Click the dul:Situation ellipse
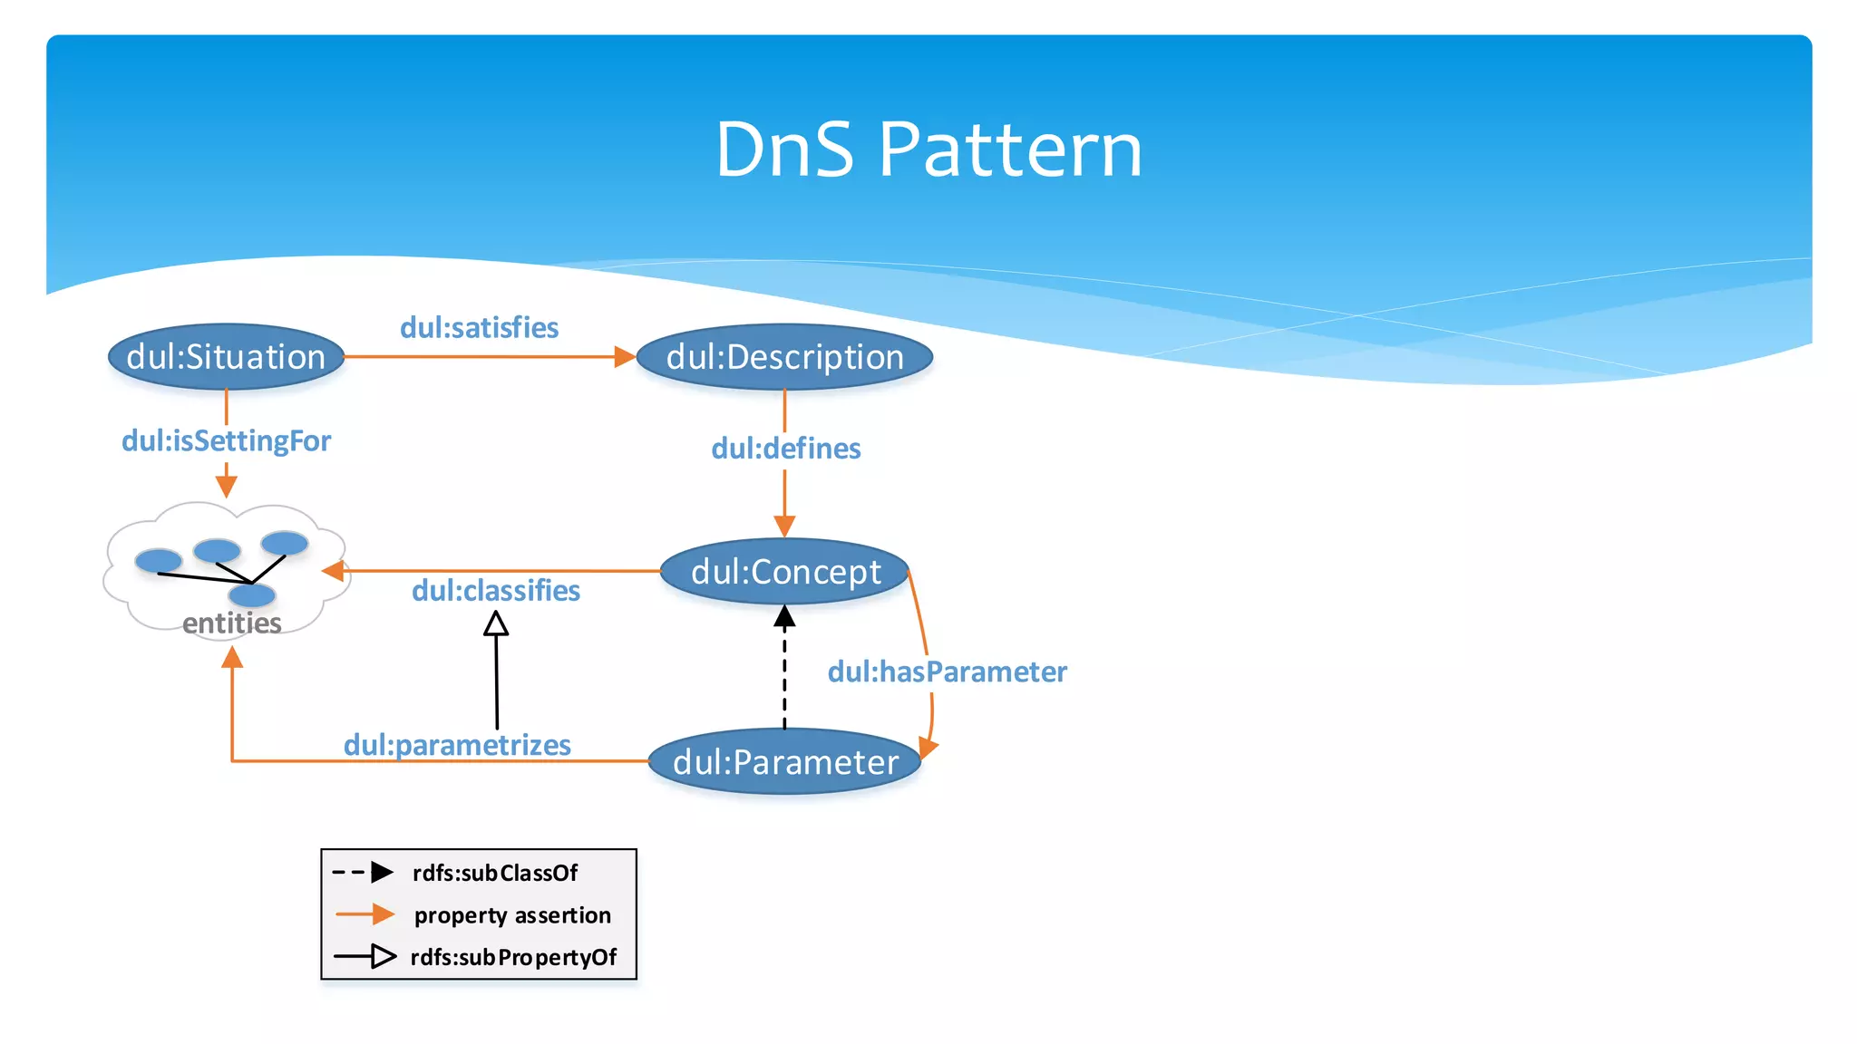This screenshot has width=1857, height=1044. tap(226, 357)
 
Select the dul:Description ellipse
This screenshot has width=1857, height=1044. tap(784, 357)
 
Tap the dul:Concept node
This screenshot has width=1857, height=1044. tap(784, 572)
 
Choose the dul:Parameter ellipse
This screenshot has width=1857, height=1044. tap(784, 762)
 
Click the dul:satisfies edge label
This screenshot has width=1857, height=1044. tap(479, 327)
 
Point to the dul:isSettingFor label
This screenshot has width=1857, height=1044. tap(226, 441)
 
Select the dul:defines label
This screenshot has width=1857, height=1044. tap(785, 448)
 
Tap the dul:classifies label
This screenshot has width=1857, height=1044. tap(495, 591)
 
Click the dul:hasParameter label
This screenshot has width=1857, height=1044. tap(947, 672)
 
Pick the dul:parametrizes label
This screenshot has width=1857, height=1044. tap(457, 745)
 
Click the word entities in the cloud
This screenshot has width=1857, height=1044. tap(231, 623)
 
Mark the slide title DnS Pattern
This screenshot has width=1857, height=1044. tap(928, 150)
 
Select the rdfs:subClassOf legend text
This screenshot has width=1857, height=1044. tap(494, 873)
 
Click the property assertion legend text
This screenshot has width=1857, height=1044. tap(512, 915)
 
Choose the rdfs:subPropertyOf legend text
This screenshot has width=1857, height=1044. tap(513, 958)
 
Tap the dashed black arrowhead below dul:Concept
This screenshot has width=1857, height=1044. tap(784, 618)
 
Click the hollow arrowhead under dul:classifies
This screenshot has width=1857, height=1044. tap(495, 623)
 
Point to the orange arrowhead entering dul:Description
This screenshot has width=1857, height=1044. tap(624, 357)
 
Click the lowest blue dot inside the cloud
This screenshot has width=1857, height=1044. tap(252, 595)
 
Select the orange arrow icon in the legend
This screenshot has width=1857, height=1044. tap(365, 915)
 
